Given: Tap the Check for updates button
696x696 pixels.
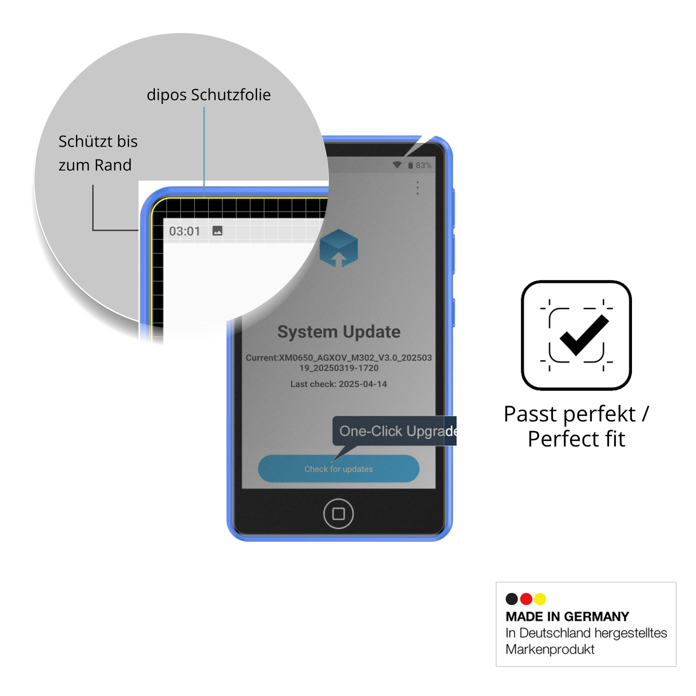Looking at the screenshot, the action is tap(338, 469).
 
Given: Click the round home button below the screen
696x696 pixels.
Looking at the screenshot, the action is tap(338, 514).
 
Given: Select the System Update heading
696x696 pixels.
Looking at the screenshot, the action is tap(339, 332).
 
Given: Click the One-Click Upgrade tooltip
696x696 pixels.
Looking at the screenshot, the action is tap(394, 431).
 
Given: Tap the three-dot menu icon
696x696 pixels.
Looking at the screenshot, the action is tap(417, 188).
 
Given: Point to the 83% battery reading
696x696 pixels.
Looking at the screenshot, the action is tap(423, 165).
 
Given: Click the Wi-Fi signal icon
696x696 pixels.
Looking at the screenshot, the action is tap(397, 165).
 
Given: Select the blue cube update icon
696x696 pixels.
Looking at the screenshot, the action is tap(339, 248).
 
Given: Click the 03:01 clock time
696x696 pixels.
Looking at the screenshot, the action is tap(185, 231).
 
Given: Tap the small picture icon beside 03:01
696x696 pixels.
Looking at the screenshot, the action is tap(217, 231).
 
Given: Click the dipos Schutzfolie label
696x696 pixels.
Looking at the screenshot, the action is tap(209, 95).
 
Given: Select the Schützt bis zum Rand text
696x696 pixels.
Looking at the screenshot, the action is tap(98, 153).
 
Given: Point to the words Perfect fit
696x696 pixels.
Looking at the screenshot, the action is tap(577, 439).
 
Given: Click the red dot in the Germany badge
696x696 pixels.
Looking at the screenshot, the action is tap(526, 599).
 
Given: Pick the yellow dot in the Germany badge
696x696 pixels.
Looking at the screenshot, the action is tap(540, 599).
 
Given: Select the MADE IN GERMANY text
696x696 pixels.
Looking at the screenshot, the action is tap(567, 617).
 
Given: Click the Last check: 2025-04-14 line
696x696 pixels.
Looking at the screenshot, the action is tap(339, 384).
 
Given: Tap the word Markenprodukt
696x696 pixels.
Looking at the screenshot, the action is tap(550, 650).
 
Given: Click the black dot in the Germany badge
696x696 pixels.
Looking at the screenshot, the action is tap(512, 599).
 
